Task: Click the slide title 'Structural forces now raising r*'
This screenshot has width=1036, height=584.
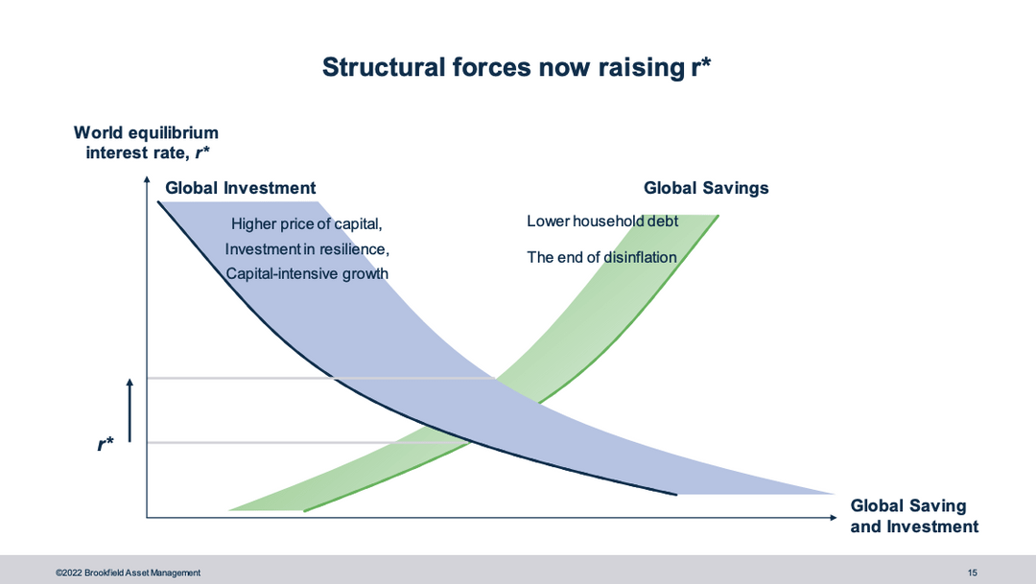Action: pyautogui.click(x=516, y=67)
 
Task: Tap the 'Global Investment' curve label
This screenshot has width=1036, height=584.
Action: pyautogui.click(x=241, y=188)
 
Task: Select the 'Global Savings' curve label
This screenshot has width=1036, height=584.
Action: pyautogui.click(x=706, y=188)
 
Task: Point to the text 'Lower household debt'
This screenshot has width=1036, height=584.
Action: pyautogui.click(x=602, y=222)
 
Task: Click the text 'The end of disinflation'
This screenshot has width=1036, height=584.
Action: pyautogui.click(x=601, y=257)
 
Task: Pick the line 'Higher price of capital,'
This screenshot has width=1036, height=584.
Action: pyautogui.click(x=307, y=224)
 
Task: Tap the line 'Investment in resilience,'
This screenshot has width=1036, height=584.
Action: pyautogui.click(x=307, y=249)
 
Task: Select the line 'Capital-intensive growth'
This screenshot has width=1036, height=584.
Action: pyautogui.click(x=307, y=273)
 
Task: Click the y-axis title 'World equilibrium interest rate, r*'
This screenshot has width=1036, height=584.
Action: pyautogui.click(x=146, y=143)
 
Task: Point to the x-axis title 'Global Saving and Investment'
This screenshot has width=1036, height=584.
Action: pyautogui.click(x=914, y=516)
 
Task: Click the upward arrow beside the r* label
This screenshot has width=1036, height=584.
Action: pyautogui.click(x=129, y=410)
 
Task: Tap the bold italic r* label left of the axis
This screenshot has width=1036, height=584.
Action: pyautogui.click(x=106, y=444)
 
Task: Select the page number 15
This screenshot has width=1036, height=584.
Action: pyautogui.click(x=972, y=572)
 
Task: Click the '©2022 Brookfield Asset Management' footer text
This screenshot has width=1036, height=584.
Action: pyautogui.click(x=129, y=572)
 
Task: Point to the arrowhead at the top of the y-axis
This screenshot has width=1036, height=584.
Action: pyautogui.click(x=147, y=179)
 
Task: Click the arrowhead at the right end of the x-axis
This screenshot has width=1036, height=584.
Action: pyautogui.click(x=834, y=517)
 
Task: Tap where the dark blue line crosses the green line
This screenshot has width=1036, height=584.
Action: pyautogui.click(x=470, y=441)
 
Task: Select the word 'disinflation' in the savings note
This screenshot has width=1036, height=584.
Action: pyautogui.click(x=640, y=257)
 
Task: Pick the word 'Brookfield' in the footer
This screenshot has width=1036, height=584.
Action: pyautogui.click(x=104, y=572)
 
